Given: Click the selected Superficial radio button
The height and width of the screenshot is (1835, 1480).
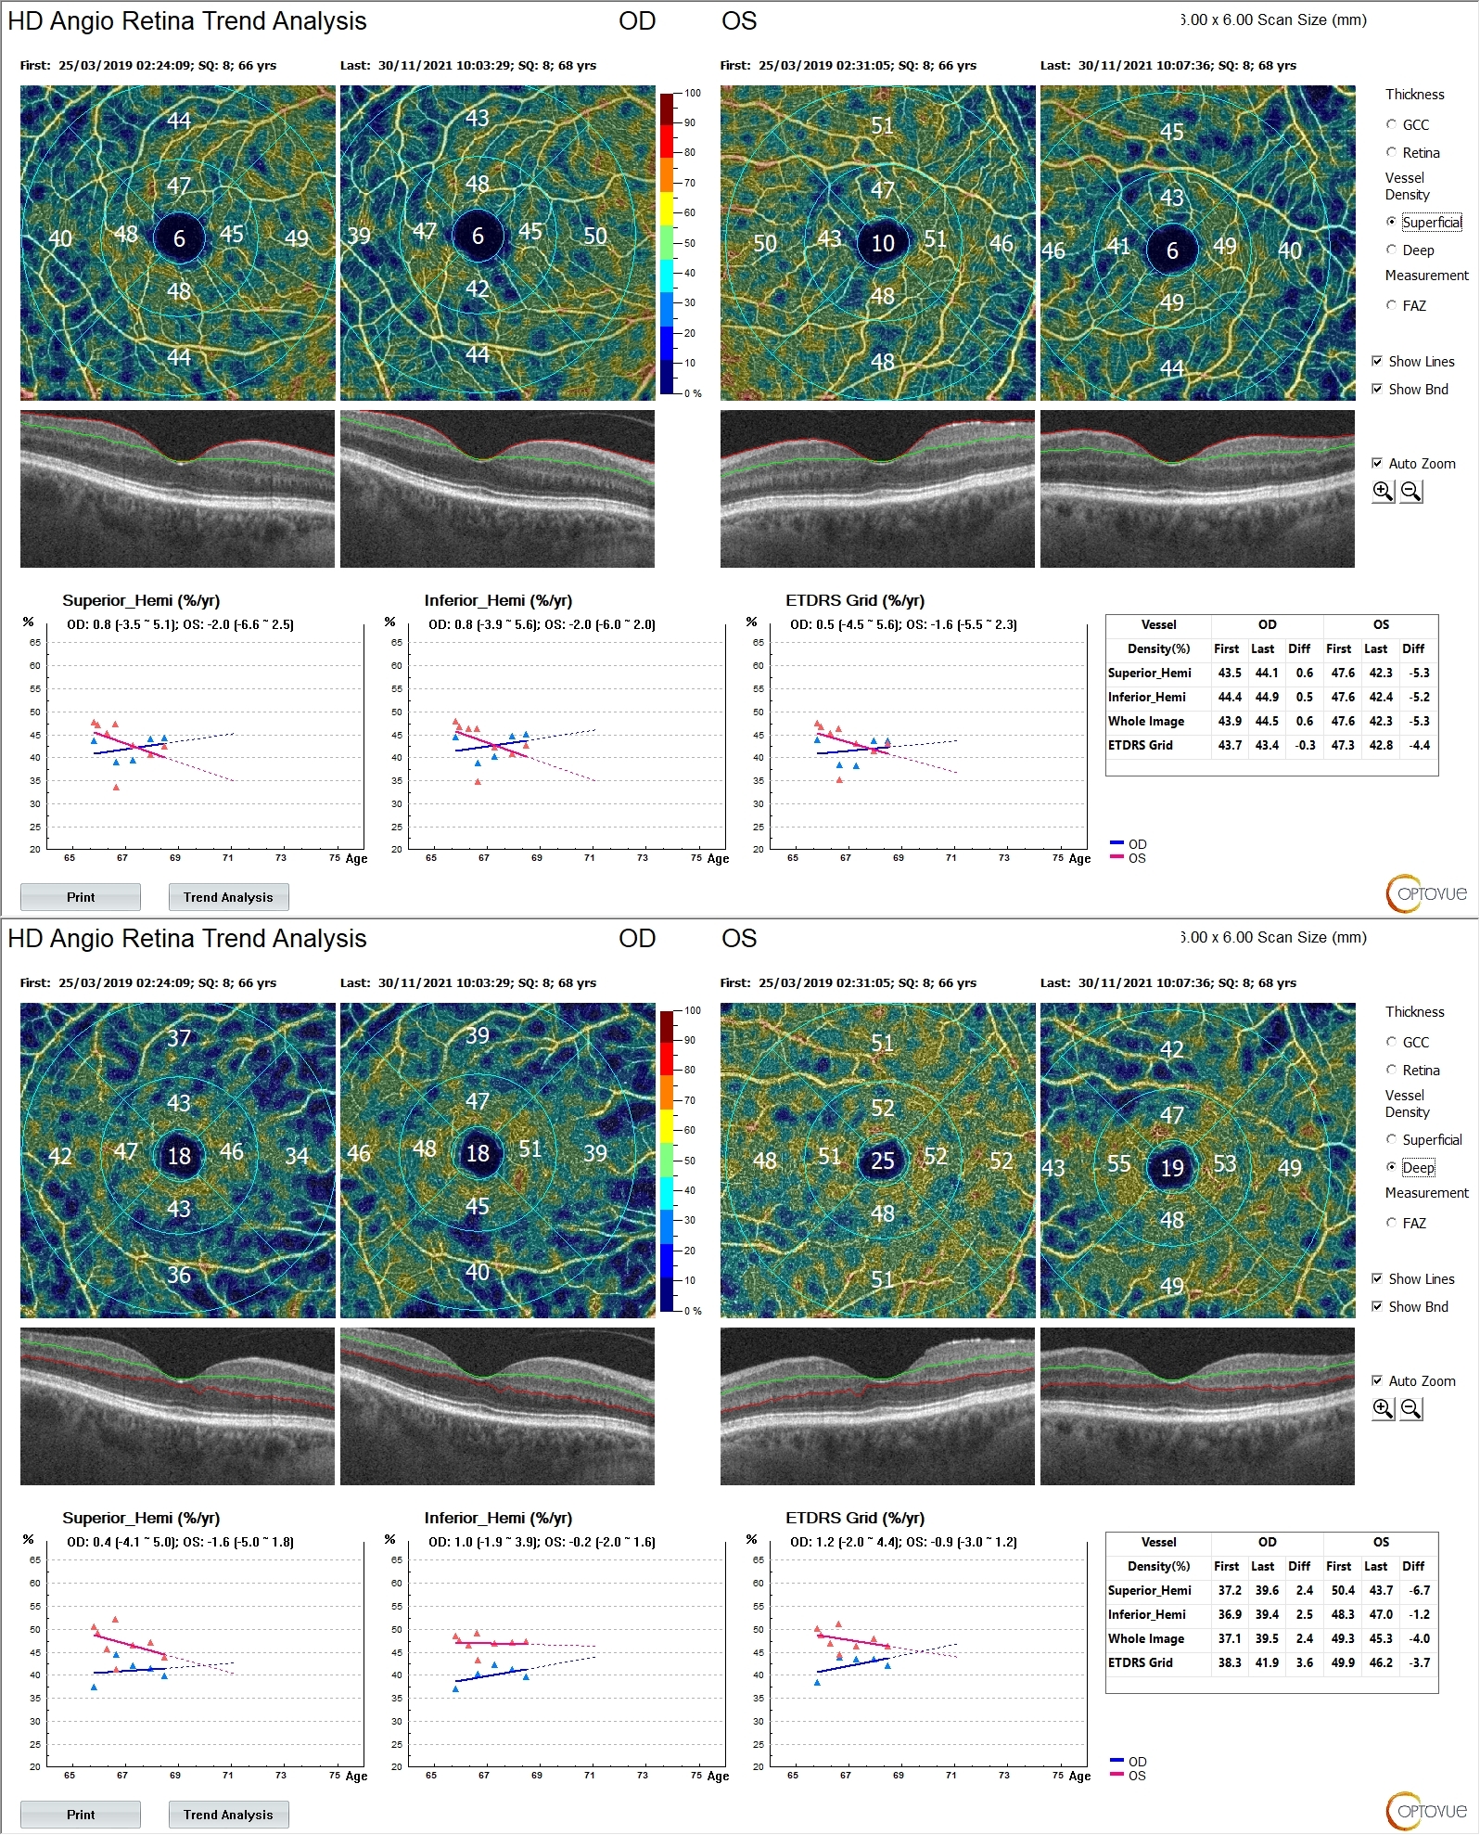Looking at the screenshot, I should coord(1391,222).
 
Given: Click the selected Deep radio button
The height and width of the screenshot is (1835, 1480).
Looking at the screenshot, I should coord(1391,1167).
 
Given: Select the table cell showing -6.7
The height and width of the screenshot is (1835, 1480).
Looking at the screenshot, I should coord(1419,1590).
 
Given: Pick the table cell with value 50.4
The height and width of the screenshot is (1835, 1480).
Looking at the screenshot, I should coord(1343,1590).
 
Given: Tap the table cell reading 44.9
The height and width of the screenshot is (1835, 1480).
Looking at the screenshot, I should coord(1267,697).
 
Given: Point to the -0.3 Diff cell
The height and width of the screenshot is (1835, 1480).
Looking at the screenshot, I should coord(1305,745).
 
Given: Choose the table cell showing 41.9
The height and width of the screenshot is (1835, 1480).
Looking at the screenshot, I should coord(1267,1662).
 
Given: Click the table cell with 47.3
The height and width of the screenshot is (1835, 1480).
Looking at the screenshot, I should coord(1343,745).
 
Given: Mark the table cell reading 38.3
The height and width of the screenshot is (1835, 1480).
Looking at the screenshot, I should coord(1230,1662).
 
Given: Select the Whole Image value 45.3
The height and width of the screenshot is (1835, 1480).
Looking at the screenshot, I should coord(1381,1638).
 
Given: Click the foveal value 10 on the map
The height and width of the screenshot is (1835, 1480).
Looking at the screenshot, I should coord(882,243).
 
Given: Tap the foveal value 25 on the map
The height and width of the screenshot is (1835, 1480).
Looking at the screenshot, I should coord(882,1161).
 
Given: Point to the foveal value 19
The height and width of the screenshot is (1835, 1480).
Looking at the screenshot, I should coord(1172,1167).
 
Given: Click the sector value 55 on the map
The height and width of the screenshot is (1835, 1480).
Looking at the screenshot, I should coord(1118,1163).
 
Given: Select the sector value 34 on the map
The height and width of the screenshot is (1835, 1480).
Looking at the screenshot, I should coord(296,1156).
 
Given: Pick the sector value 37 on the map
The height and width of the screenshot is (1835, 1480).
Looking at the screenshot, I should coord(179,1037).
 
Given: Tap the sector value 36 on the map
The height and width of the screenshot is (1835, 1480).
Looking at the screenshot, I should coord(179,1275).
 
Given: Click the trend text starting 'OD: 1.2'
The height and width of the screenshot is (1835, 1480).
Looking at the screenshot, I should coord(903,1542).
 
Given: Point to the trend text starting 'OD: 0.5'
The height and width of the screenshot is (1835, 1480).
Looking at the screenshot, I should coord(903,624).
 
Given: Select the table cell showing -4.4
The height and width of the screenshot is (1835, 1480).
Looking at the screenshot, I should coord(1419,745).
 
